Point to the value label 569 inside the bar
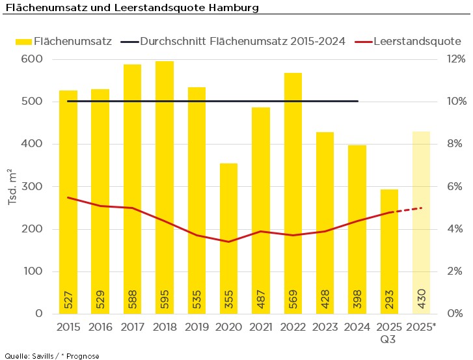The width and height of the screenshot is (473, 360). [x=293, y=299]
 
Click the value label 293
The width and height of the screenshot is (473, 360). [x=389, y=299]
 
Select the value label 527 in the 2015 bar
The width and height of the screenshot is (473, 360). [x=68, y=299]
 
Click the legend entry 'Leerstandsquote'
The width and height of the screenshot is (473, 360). [x=417, y=41]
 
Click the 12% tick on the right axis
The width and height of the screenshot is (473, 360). [x=455, y=59]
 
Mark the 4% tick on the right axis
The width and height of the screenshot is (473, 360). [x=455, y=229]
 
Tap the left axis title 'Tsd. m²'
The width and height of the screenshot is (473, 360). [x=12, y=187]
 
